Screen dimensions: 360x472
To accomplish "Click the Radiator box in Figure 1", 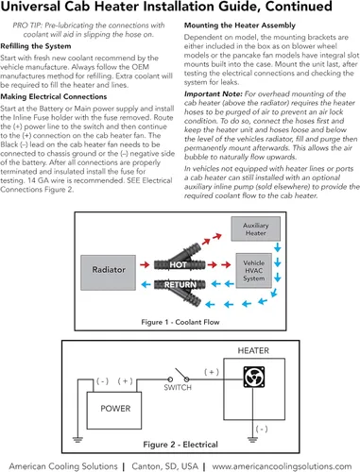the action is [109, 273].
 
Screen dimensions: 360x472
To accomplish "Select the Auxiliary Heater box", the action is [255, 228].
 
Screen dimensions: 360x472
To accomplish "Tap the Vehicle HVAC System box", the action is [254, 271].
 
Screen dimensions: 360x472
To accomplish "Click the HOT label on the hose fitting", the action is [179, 265].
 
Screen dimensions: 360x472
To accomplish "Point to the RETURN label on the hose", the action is [180, 285].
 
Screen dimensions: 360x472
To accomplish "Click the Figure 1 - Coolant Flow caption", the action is [180, 322].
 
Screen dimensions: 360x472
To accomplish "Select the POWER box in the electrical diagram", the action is [114, 411].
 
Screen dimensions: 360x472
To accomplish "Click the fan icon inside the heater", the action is [254, 377].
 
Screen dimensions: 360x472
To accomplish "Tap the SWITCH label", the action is [178, 387].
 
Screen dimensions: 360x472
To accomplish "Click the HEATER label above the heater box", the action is [253, 350].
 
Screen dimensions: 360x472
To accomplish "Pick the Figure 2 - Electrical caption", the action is [180, 445].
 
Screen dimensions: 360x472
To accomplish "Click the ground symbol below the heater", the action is [252, 439].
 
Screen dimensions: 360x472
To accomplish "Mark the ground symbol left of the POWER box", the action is [77, 439].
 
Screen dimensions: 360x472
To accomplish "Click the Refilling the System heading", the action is [36, 46].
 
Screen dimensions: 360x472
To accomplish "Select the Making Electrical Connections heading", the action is [54, 96].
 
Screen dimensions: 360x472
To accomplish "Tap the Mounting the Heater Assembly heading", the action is [240, 25].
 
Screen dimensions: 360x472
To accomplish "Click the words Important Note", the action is [214, 93].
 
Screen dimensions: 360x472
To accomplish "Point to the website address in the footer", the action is [282, 466].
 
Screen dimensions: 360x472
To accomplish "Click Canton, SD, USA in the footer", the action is [164, 466].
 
